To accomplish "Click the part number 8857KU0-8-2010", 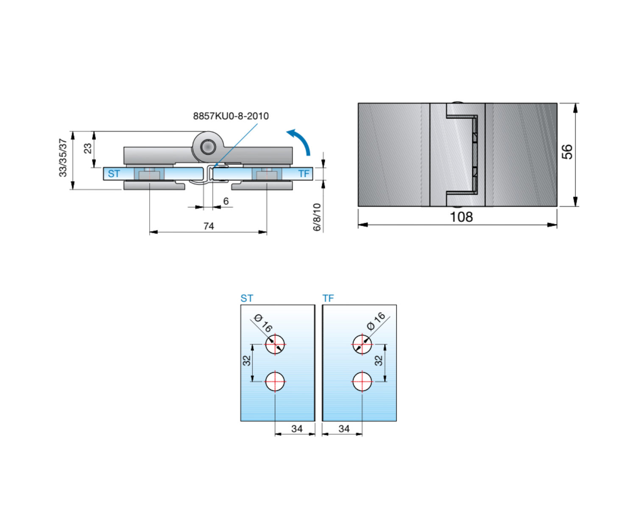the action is pyautogui.click(x=231, y=116).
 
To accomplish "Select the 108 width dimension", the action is pyautogui.click(x=461, y=217).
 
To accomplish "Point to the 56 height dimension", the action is pyautogui.click(x=567, y=152).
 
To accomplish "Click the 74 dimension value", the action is pyautogui.click(x=209, y=226).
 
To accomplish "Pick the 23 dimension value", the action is pyautogui.click(x=88, y=148).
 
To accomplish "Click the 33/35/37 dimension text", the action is pyautogui.click(x=63, y=158).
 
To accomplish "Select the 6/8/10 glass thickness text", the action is pyautogui.click(x=317, y=217).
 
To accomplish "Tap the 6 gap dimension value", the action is pyautogui.click(x=226, y=201).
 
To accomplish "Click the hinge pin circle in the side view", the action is pyautogui.click(x=208, y=147).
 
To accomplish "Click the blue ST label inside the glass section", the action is pyautogui.click(x=114, y=173).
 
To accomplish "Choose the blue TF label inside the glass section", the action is pyautogui.click(x=304, y=173).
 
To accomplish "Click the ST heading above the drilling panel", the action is pyautogui.click(x=247, y=299).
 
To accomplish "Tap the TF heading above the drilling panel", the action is pyautogui.click(x=328, y=299).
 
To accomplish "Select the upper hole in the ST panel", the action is pyautogui.click(x=275, y=344).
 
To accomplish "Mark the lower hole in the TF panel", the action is pyautogui.click(x=362, y=381).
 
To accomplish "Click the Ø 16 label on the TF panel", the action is pyautogui.click(x=376, y=321).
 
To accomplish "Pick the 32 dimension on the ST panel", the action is pyautogui.click(x=246, y=361).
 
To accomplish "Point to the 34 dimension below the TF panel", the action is pyautogui.click(x=344, y=428).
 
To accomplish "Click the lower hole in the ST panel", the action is pyautogui.click(x=275, y=381).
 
